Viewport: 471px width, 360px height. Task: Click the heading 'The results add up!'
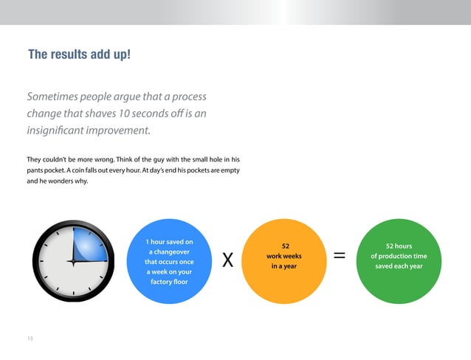[79, 55]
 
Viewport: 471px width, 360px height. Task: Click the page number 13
[30, 339]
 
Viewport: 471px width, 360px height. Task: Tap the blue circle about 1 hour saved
[169, 261]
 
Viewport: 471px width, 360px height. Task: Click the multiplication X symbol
[228, 260]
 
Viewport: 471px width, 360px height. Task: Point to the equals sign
[340, 255]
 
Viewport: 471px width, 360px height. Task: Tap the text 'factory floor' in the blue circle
[169, 282]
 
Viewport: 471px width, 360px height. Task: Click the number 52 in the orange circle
[285, 246]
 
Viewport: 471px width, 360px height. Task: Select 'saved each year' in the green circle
[399, 266]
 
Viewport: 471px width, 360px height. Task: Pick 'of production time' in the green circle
[399, 256]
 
